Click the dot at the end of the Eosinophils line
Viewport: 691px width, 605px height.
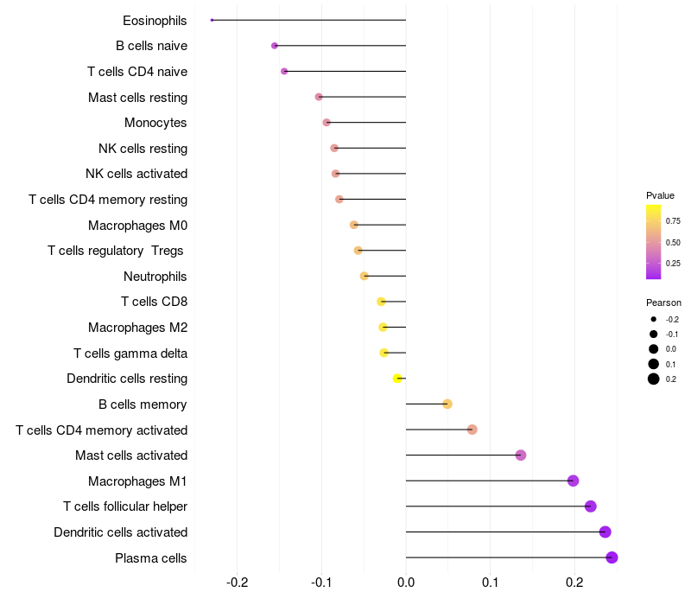(x=212, y=20)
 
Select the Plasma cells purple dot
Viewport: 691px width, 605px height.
(x=612, y=557)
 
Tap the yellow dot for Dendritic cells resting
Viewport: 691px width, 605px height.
(x=397, y=379)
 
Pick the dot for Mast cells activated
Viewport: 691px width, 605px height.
(x=521, y=455)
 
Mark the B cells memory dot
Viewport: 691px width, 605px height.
(x=447, y=404)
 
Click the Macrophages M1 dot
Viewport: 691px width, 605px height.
(x=573, y=481)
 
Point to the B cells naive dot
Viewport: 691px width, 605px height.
(x=275, y=46)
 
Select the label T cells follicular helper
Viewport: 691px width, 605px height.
(x=125, y=506)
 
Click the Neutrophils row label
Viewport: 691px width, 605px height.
(x=155, y=277)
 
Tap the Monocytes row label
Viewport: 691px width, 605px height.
(x=155, y=123)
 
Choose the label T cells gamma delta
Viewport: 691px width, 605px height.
(x=130, y=353)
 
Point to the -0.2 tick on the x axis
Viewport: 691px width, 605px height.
(x=237, y=583)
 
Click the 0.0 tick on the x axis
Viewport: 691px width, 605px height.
(x=406, y=583)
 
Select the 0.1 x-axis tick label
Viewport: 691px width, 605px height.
(x=490, y=583)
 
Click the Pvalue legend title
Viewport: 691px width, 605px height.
(x=660, y=195)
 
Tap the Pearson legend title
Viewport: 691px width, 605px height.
(x=663, y=302)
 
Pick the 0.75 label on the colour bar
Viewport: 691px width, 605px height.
(x=673, y=221)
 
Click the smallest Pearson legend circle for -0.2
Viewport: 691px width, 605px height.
(x=653, y=319)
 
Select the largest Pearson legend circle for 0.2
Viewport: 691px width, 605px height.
(x=653, y=379)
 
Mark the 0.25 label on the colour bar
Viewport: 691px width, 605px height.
(x=673, y=264)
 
